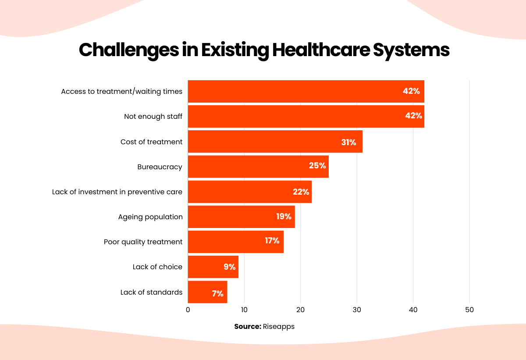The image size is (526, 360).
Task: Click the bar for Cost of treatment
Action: (263, 142)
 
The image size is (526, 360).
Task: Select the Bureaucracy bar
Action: (245, 167)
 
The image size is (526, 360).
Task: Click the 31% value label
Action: (348, 142)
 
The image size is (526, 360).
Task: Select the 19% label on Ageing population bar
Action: (284, 217)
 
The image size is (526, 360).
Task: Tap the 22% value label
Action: (301, 192)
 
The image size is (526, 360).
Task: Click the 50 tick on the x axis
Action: (469, 310)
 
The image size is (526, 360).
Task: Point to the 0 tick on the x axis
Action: (188, 310)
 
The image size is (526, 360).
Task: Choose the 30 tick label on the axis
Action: (357, 310)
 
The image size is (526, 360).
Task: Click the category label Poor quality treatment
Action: (143, 242)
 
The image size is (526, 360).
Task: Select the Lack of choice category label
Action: (157, 267)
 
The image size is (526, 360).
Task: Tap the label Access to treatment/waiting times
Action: (121, 91)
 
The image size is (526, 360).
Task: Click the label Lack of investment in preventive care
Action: (117, 192)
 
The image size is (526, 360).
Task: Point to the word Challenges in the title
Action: (128, 50)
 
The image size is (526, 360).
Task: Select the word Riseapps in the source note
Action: (279, 327)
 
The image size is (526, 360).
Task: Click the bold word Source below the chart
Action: (248, 327)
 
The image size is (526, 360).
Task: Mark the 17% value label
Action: (272, 241)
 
